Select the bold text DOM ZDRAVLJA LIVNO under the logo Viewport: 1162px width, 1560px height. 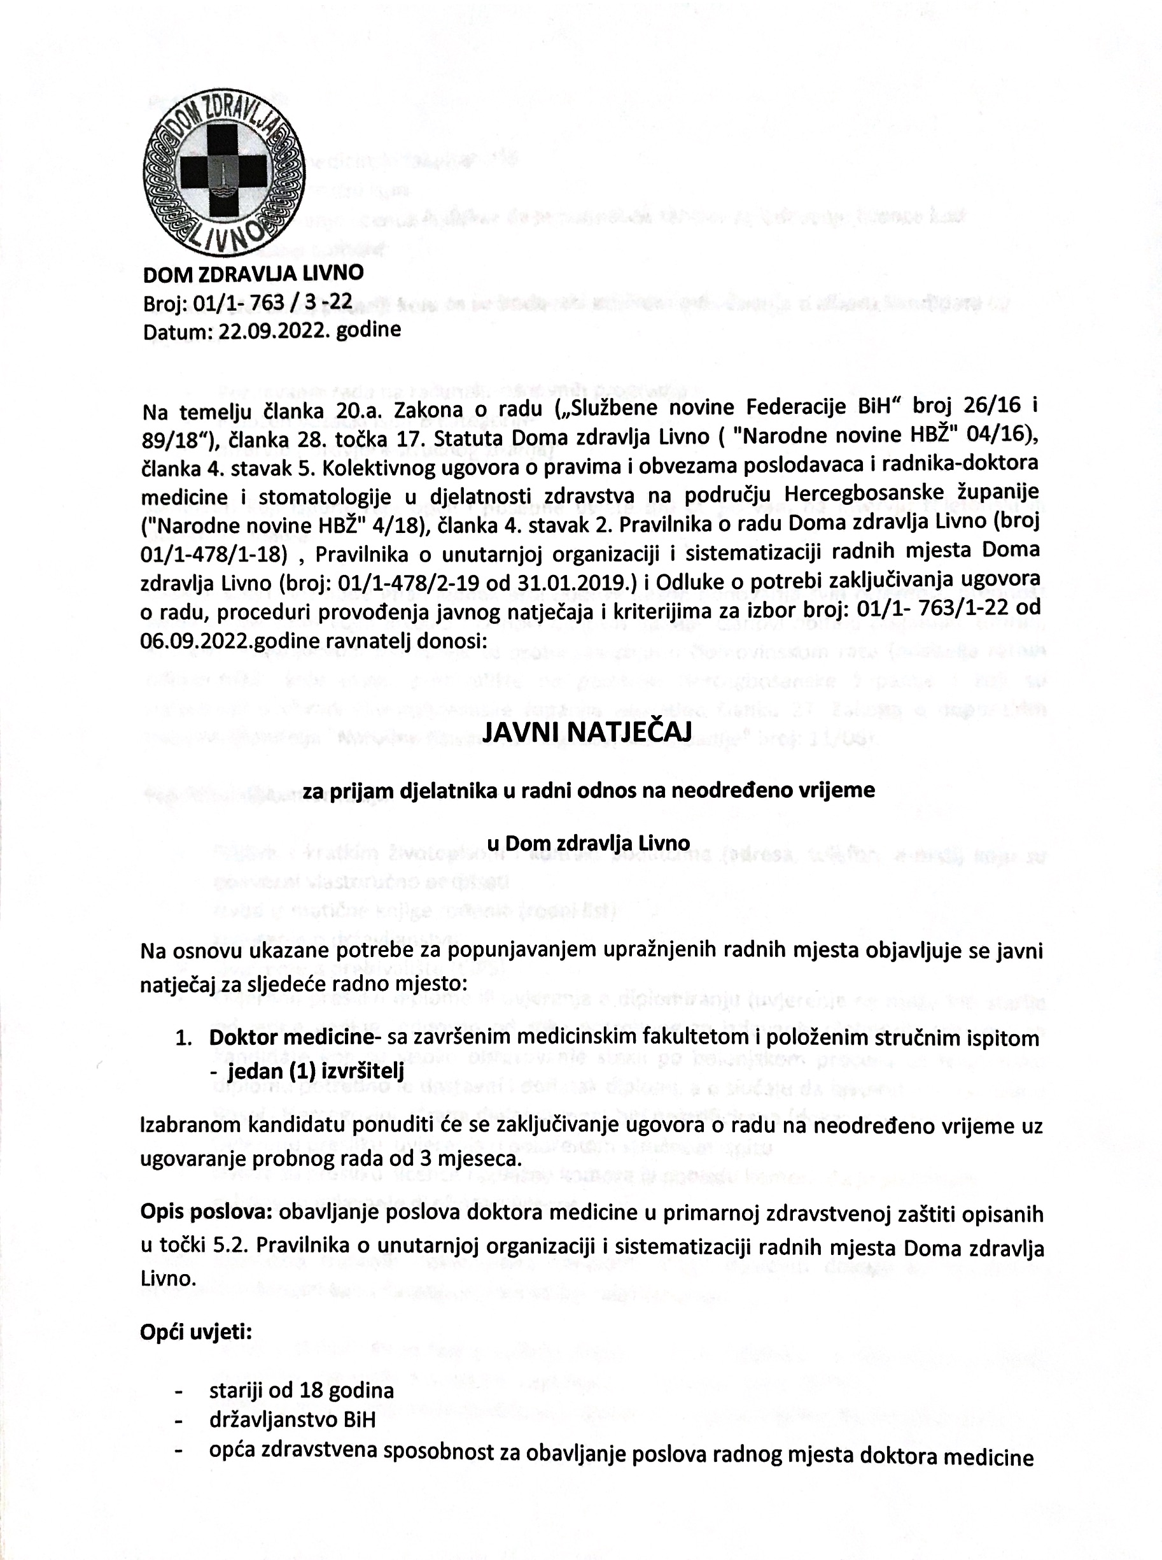point(253,273)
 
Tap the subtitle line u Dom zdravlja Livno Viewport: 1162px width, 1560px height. point(588,842)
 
